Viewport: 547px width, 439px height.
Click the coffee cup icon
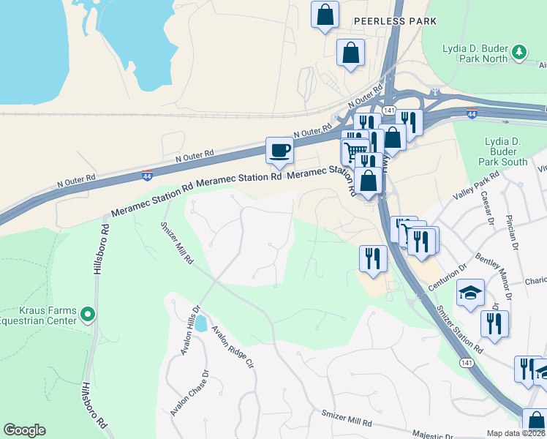279,151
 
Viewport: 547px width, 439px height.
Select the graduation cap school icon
470,293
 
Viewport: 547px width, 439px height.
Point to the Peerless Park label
395,21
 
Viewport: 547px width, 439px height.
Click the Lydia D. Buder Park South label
502,151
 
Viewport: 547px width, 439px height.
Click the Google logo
24,429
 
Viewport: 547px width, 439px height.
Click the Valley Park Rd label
475,186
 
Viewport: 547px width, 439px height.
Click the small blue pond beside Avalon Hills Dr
200,320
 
